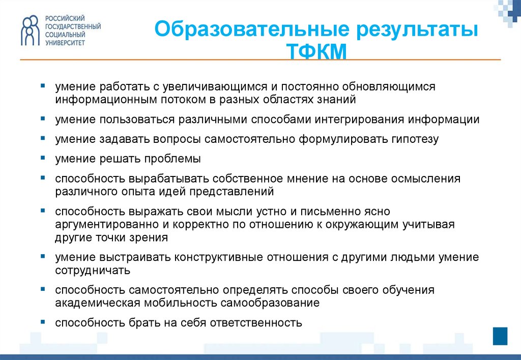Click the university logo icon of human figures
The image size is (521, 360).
click(30, 30)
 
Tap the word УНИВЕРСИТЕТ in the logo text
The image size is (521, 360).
click(65, 43)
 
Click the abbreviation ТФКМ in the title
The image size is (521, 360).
click(316, 51)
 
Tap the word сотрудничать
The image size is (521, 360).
click(93, 271)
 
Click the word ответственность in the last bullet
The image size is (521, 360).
click(256, 322)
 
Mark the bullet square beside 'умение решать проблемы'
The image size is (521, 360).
click(43, 158)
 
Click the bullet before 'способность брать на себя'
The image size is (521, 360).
click(43, 322)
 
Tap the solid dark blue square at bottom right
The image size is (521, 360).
click(500, 336)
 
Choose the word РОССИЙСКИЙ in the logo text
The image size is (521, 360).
click(65, 18)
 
